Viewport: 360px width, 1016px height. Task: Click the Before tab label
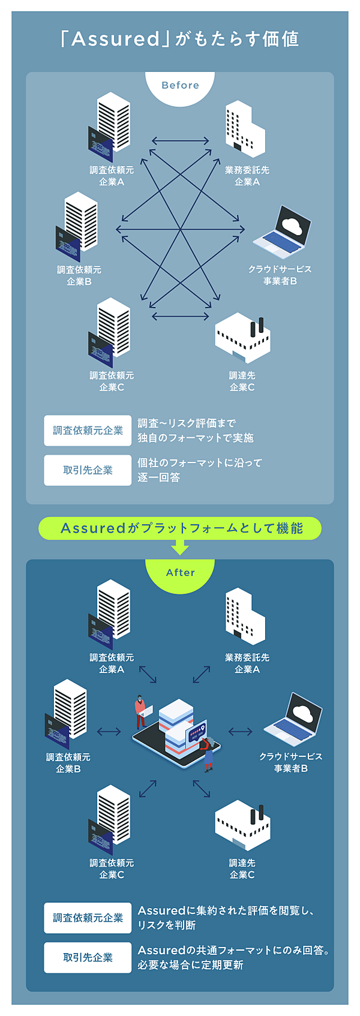[180, 85]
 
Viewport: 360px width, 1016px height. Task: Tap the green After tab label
[180, 573]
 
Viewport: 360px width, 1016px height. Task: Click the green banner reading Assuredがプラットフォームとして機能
[180, 528]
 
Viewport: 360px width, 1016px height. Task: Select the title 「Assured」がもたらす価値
[180, 39]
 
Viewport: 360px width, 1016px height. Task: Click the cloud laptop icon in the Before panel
[282, 231]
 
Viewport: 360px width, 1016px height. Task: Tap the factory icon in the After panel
[242, 825]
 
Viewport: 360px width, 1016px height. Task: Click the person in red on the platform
[140, 711]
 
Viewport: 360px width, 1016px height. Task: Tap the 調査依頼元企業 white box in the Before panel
[88, 431]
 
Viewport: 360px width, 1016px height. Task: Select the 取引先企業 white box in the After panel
[88, 957]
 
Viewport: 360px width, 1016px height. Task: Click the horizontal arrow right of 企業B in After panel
[109, 731]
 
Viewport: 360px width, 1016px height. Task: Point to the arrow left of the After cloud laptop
[241, 731]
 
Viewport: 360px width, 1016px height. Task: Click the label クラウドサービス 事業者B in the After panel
[290, 762]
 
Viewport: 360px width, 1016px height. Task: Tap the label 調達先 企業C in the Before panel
[242, 381]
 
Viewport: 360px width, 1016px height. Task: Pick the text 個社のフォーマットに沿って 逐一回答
[199, 470]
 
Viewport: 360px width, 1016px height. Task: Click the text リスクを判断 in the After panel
[167, 925]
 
